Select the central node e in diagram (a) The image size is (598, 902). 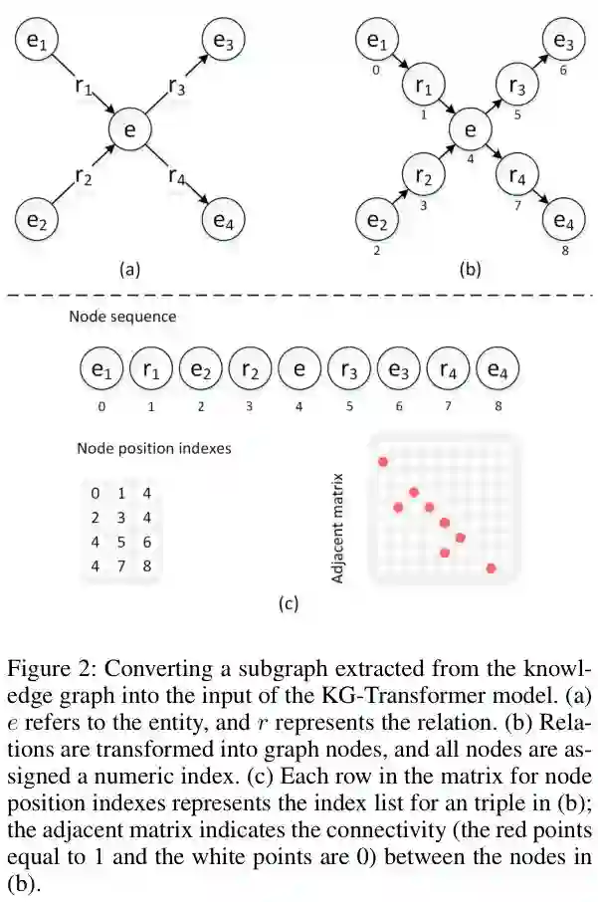(129, 130)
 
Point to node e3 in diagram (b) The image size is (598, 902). (563, 42)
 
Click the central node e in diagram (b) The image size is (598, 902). (471, 130)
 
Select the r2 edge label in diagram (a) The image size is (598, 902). (84, 176)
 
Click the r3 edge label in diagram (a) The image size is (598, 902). (175, 89)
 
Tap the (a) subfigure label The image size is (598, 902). (129, 268)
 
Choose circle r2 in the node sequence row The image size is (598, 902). (250, 371)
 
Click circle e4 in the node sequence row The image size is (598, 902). (497, 371)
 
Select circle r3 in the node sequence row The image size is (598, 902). (349, 371)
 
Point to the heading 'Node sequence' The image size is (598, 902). (122, 318)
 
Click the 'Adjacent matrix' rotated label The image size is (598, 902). (338, 527)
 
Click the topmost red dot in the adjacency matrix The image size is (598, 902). (382, 461)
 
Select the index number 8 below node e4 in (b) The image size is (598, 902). (565, 251)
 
